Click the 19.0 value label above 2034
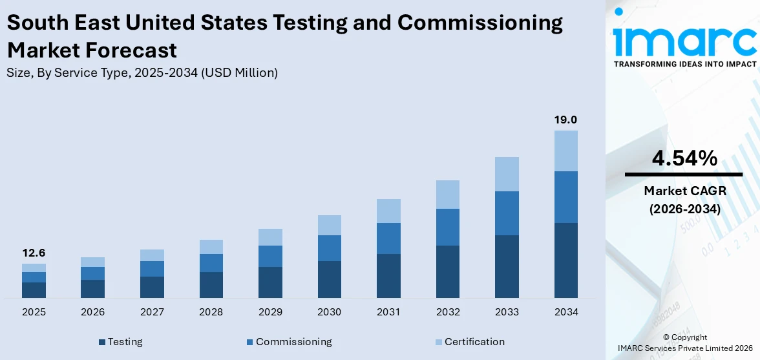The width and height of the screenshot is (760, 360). pyautogui.click(x=565, y=120)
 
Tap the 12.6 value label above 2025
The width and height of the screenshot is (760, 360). pyautogui.click(x=34, y=253)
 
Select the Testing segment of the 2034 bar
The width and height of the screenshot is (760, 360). pyautogui.click(x=565, y=260)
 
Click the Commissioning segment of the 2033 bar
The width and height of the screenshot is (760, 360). pyautogui.click(x=507, y=213)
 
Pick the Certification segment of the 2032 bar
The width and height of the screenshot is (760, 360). pyautogui.click(x=447, y=194)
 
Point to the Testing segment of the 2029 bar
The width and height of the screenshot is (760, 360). pyautogui.click(x=270, y=282)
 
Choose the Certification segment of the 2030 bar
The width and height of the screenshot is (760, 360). pyautogui.click(x=329, y=225)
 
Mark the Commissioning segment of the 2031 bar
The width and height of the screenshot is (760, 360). pyautogui.click(x=388, y=238)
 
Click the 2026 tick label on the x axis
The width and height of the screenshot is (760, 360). pyautogui.click(x=93, y=312)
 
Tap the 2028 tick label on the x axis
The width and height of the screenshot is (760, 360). pyautogui.click(x=211, y=312)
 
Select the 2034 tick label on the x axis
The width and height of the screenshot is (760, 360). pyautogui.click(x=565, y=312)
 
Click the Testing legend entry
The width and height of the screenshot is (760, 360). pyautogui.click(x=121, y=342)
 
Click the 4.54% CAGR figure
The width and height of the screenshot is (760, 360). pyautogui.click(x=683, y=158)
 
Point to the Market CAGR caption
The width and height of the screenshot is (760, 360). pyautogui.click(x=683, y=191)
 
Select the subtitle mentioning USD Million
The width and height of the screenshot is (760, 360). pyautogui.click(x=142, y=73)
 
